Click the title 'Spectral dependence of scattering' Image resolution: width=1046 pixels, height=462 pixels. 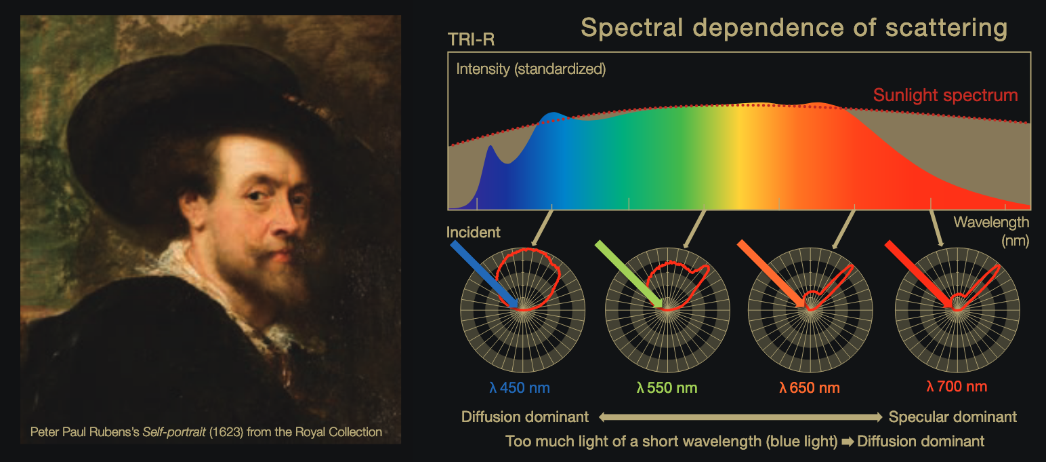pos(794,28)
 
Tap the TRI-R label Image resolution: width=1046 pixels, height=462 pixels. pos(471,40)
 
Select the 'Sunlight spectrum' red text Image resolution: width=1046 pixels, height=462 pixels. pos(945,95)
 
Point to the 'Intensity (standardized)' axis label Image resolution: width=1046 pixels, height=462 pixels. pos(530,69)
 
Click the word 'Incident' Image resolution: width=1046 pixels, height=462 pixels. pos(473,233)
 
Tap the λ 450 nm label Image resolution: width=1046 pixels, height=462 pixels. pos(520,388)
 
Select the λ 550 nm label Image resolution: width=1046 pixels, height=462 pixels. pos(667,388)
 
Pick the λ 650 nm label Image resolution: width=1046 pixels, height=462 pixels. pos(809,388)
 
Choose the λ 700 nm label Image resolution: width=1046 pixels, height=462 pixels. pos(956,387)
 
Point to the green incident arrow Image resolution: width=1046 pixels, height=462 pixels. pos(627,273)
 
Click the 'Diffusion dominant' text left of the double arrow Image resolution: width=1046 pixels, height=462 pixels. pos(524,417)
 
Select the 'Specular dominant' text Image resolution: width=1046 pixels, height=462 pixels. pos(953,417)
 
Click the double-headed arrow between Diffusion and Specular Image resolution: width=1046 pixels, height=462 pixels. pos(738,417)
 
